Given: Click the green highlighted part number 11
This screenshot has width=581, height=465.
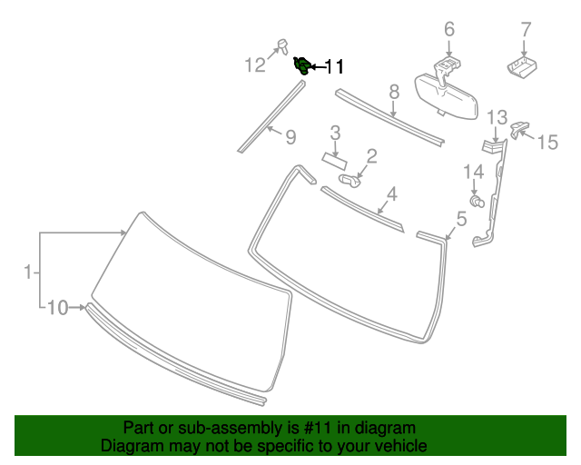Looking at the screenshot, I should click(301, 64).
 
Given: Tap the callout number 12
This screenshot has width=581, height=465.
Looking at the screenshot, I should click(255, 64).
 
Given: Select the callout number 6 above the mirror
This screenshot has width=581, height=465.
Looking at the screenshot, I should click(448, 30).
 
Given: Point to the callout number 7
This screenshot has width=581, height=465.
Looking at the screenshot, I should click(525, 30).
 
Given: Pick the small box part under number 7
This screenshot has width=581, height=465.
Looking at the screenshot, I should click(521, 65).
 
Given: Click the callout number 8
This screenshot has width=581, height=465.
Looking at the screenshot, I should click(394, 91).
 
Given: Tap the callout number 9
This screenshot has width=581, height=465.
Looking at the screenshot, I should click(290, 137).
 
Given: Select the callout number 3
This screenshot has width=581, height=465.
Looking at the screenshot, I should click(335, 134).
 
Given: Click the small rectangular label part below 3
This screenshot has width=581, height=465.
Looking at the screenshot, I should click(333, 159).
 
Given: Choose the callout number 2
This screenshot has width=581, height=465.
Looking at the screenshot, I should click(371, 157).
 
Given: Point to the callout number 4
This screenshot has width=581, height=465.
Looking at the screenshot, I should click(392, 193).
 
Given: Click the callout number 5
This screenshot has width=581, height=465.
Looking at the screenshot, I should click(461, 218).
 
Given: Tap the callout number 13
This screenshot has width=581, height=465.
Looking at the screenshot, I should click(497, 117).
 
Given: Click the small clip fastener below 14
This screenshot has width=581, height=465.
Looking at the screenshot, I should click(475, 199).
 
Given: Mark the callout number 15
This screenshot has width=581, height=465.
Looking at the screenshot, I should click(547, 142).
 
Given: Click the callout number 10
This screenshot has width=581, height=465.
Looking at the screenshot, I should click(57, 308).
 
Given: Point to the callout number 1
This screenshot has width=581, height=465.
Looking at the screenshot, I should click(28, 271).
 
